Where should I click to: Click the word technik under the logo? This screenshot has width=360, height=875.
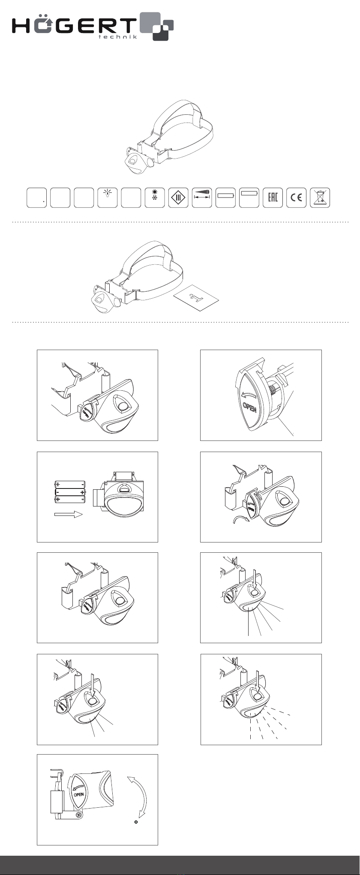click(118, 37)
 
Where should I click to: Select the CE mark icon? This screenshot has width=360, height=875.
click(296, 198)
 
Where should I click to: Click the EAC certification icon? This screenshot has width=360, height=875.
click(273, 198)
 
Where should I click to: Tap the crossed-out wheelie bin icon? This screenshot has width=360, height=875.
click(320, 198)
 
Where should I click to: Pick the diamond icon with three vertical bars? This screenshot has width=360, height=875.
click(178, 198)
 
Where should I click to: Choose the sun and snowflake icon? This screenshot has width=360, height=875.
click(155, 198)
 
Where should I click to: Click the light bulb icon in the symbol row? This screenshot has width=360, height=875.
click(107, 198)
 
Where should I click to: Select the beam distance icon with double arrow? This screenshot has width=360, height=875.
click(202, 198)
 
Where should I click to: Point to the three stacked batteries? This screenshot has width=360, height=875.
click(70, 491)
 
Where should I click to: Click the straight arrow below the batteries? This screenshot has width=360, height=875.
click(68, 515)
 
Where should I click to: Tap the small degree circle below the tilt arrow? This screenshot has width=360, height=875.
click(136, 822)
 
